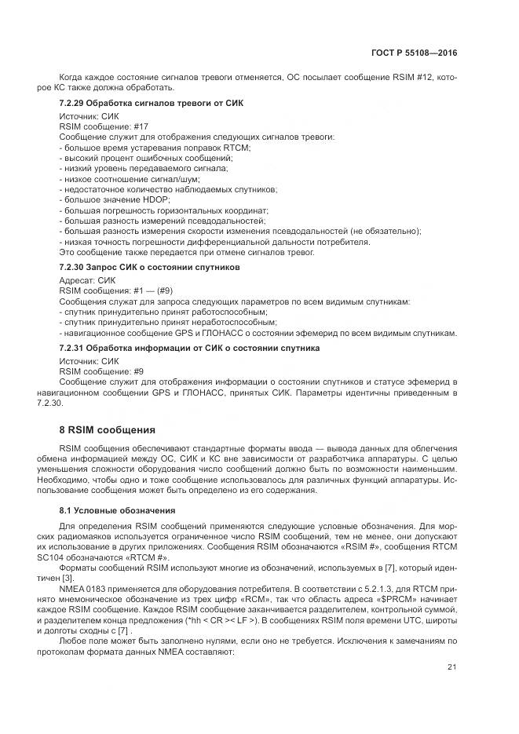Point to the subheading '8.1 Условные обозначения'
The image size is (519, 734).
pos(106,511)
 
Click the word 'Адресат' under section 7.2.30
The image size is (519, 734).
pos(76,280)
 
